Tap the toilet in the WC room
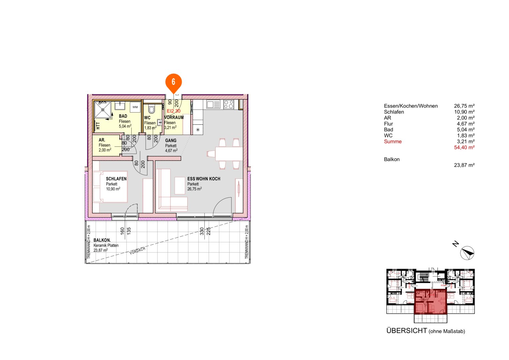click(x=152, y=109)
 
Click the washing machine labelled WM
click(x=135, y=107)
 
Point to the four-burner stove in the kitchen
click(x=229, y=104)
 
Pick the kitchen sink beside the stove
click(x=213, y=105)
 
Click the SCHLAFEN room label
click(x=116, y=179)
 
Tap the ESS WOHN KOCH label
click(x=204, y=179)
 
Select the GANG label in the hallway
click(x=171, y=141)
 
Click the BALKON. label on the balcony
click(x=102, y=240)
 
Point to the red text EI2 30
click(x=174, y=111)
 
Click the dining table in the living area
click(x=229, y=154)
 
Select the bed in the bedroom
click(x=110, y=187)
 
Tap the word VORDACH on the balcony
click(x=137, y=251)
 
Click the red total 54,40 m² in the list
click(x=464, y=147)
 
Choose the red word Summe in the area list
click(x=393, y=141)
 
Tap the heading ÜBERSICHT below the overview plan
click(x=406, y=331)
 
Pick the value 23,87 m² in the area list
click(x=464, y=165)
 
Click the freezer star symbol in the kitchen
click(x=198, y=130)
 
